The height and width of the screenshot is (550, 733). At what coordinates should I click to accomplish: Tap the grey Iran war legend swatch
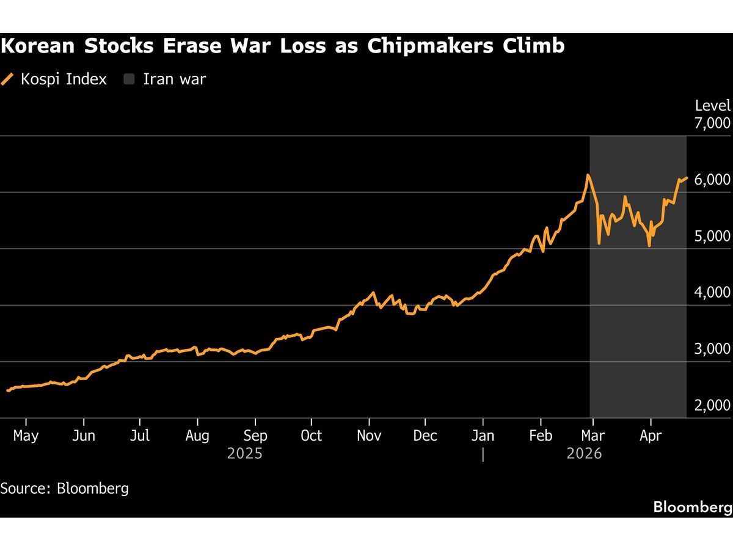[129, 79]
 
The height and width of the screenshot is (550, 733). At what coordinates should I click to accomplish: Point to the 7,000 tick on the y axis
[712, 123]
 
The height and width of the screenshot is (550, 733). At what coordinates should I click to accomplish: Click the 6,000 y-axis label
[712, 180]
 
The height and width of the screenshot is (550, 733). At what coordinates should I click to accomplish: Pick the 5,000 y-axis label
[712, 236]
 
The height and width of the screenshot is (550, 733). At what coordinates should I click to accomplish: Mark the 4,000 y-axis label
[712, 293]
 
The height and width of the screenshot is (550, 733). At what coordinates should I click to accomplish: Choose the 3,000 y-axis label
[712, 349]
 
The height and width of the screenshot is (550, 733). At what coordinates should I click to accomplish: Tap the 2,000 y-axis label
[712, 405]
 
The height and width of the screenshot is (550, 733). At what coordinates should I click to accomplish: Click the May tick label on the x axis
[26, 436]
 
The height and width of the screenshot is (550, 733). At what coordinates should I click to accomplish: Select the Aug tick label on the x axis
[197, 436]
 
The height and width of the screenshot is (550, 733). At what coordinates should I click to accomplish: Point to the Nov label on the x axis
[369, 436]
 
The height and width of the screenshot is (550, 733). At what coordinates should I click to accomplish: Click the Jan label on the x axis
[483, 436]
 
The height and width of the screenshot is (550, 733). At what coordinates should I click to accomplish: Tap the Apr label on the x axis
[651, 436]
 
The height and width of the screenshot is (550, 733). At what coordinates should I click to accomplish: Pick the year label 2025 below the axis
[245, 454]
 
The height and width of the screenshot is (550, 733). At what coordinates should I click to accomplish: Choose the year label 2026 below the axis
[584, 454]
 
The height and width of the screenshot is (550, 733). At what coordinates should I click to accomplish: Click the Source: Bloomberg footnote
[64, 488]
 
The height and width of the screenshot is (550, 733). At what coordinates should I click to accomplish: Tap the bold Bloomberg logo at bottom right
[692, 507]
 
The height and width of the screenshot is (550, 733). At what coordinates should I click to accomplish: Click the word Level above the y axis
[712, 106]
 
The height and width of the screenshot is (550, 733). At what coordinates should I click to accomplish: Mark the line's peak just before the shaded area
[588, 175]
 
